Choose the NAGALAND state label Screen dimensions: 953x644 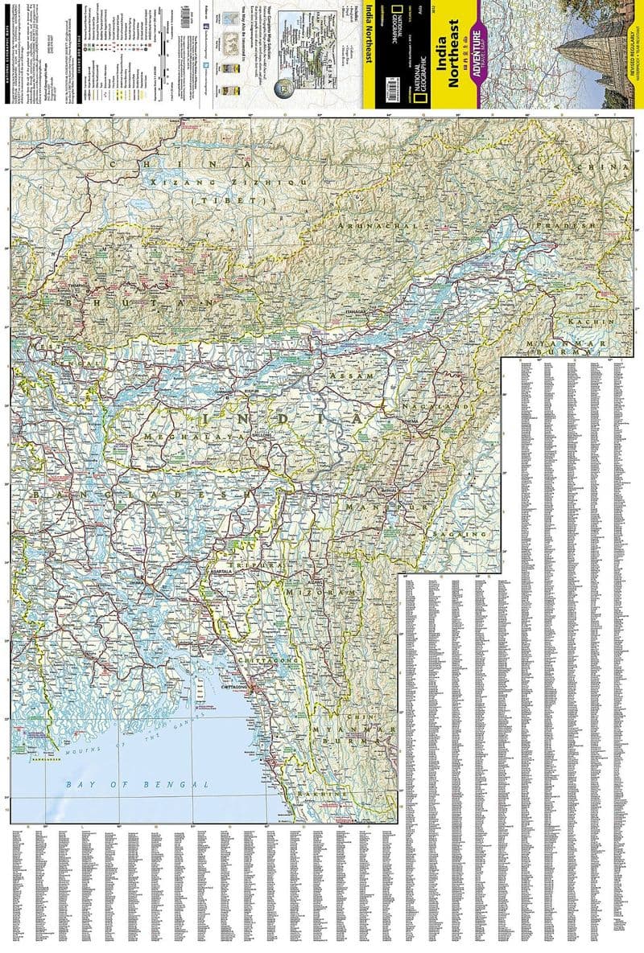[x=436, y=408]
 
